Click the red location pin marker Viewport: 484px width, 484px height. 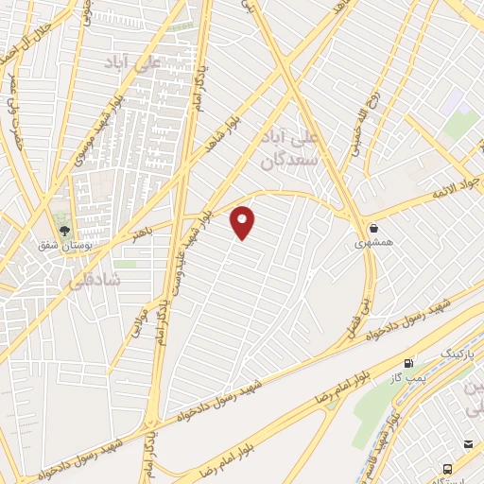[x=243, y=221]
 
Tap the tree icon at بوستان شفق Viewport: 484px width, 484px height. [x=64, y=230]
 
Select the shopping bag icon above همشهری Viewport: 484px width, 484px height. [x=374, y=229]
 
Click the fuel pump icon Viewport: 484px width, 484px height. [x=408, y=363]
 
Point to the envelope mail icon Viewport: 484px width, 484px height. [x=467, y=444]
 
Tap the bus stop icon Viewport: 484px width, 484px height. [x=447, y=468]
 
